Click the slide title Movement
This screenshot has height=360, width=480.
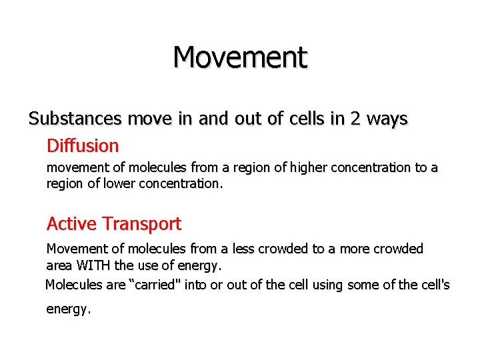[240, 57]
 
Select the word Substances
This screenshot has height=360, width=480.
[75, 119]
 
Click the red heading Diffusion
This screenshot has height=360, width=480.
[83, 145]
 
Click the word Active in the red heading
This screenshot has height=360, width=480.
[71, 224]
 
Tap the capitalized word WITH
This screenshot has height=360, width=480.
[94, 266]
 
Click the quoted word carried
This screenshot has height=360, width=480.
[160, 285]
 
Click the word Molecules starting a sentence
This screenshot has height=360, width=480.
[73, 285]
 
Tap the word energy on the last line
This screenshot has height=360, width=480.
[67, 310]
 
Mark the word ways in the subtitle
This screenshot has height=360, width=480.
[388, 119]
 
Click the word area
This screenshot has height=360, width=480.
[60, 266]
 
